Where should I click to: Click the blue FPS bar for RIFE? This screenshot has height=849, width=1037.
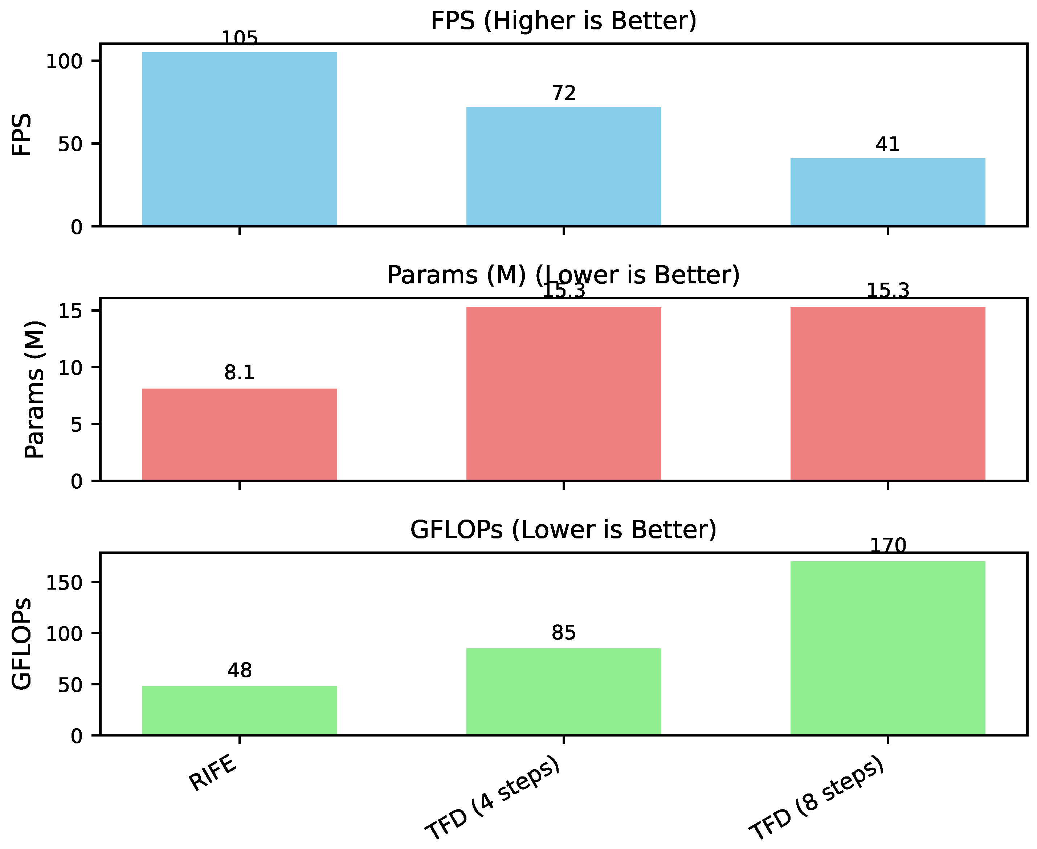(239, 139)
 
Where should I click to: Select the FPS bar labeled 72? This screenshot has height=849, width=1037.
(563, 166)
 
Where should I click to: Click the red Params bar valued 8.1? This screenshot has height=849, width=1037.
(239, 434)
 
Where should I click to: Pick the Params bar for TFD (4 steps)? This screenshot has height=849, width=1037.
(563, 394)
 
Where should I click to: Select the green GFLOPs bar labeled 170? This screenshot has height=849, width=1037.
(887, 648)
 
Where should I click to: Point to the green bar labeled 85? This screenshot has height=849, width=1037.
(563, 692)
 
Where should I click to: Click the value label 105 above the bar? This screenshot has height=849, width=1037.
(239, 38)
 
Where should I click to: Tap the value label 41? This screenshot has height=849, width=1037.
(887, 144)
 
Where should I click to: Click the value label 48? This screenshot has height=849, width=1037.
(239, 670)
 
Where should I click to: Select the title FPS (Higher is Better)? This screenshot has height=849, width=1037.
(563, 21)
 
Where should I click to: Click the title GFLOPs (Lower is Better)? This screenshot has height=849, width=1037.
(563, 530)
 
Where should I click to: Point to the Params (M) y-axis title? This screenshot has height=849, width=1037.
(34, 389)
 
